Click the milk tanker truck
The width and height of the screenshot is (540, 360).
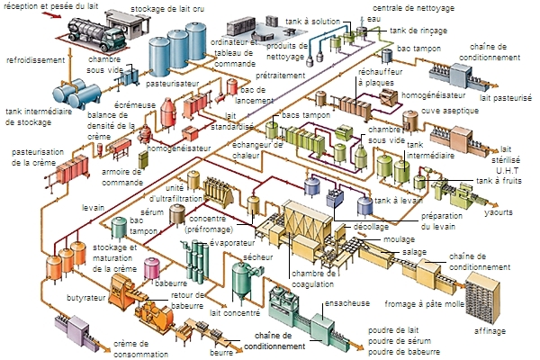coord(91,38)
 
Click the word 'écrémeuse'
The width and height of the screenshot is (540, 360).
coord(134,103)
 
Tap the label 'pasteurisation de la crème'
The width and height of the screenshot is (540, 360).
coord(34,157)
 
